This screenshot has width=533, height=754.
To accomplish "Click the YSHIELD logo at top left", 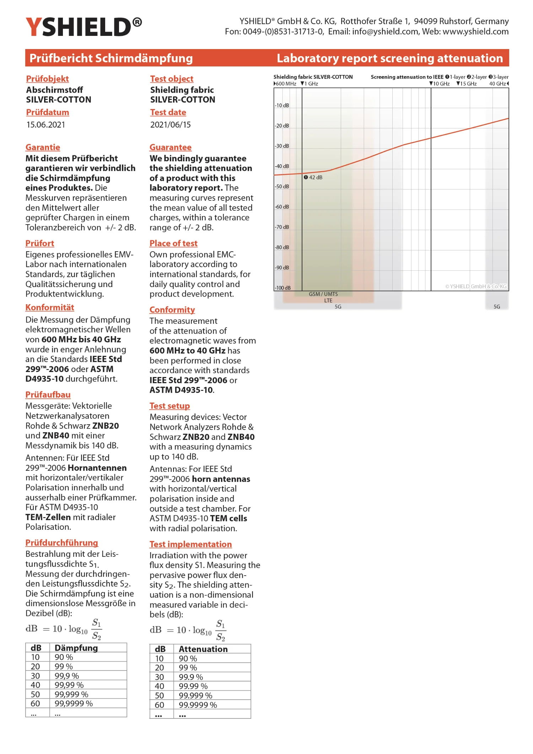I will [84, 27].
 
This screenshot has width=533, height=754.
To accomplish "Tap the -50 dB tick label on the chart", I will [282, 187].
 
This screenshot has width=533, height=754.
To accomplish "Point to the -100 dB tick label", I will [283, 288].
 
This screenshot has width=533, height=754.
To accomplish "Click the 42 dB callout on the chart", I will [313, 177].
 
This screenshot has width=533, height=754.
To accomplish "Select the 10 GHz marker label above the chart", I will [441, 84].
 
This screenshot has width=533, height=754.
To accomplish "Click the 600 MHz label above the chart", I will [285, 84].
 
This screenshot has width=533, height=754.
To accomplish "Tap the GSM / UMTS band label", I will [323, 294].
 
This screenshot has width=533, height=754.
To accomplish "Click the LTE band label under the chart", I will [328, 301].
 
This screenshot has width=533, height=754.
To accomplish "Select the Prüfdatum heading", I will [48, 112].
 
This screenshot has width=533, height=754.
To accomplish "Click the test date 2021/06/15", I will [170, 125].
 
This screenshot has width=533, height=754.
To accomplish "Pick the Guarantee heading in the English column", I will [170, 147].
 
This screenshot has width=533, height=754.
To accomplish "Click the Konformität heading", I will [50, 307].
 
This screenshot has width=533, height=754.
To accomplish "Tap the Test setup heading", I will [169, 406].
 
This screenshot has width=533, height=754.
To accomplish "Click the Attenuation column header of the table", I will [203, 649].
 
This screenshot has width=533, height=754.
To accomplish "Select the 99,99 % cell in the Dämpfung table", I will [69, 685].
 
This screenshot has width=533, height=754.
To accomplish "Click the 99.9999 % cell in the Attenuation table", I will [198, 705].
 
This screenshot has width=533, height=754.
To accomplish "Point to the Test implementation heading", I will [190, 544].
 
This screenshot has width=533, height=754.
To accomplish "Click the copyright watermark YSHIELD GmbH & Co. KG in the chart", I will [476, 286].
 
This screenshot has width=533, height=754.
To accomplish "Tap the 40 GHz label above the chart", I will [498, 84].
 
